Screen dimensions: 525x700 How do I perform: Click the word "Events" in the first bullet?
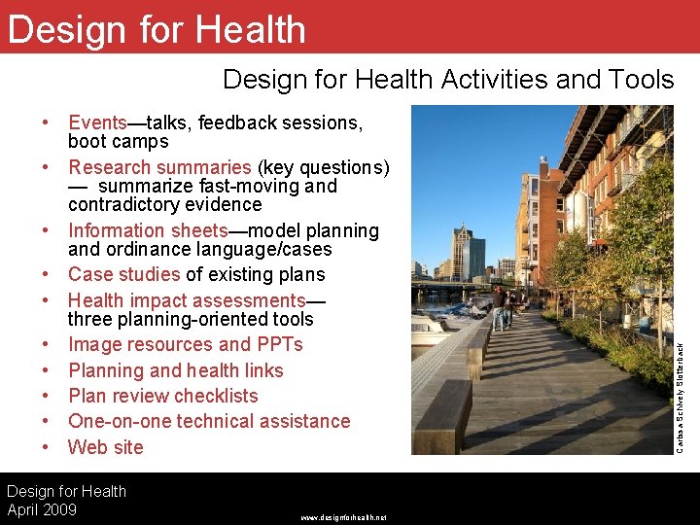click(97, 123)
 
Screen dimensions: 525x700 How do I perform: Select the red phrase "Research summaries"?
click(158, 167)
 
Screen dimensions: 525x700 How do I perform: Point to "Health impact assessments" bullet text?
click(187, 300)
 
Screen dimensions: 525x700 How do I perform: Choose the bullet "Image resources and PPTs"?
click(185, 344)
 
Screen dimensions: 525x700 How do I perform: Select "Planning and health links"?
click(175, 370)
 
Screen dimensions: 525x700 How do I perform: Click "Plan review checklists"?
click(162, 396)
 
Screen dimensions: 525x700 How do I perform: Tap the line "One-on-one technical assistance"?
click(208, 421)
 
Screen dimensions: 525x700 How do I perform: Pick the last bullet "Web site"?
click(105, 447)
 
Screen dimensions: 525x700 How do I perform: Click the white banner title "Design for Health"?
click(156, 30)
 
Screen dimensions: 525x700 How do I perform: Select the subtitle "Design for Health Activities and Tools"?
click(447, 80)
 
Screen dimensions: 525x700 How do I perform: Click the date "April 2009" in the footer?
click(42, 509)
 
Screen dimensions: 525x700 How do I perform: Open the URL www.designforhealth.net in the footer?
click(343, 517)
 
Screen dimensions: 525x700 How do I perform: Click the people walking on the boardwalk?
click(503, 306)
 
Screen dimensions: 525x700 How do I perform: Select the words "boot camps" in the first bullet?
click(118, 142)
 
